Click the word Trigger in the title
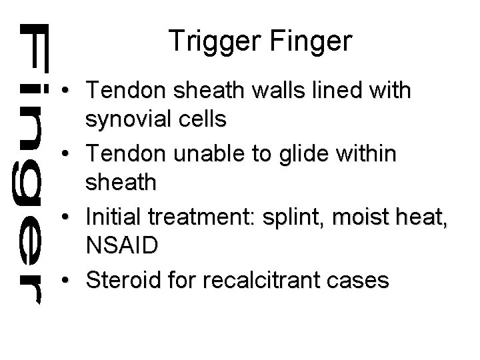pos(209,41)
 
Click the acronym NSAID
pos(122,245)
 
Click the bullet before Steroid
pos(69,281)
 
